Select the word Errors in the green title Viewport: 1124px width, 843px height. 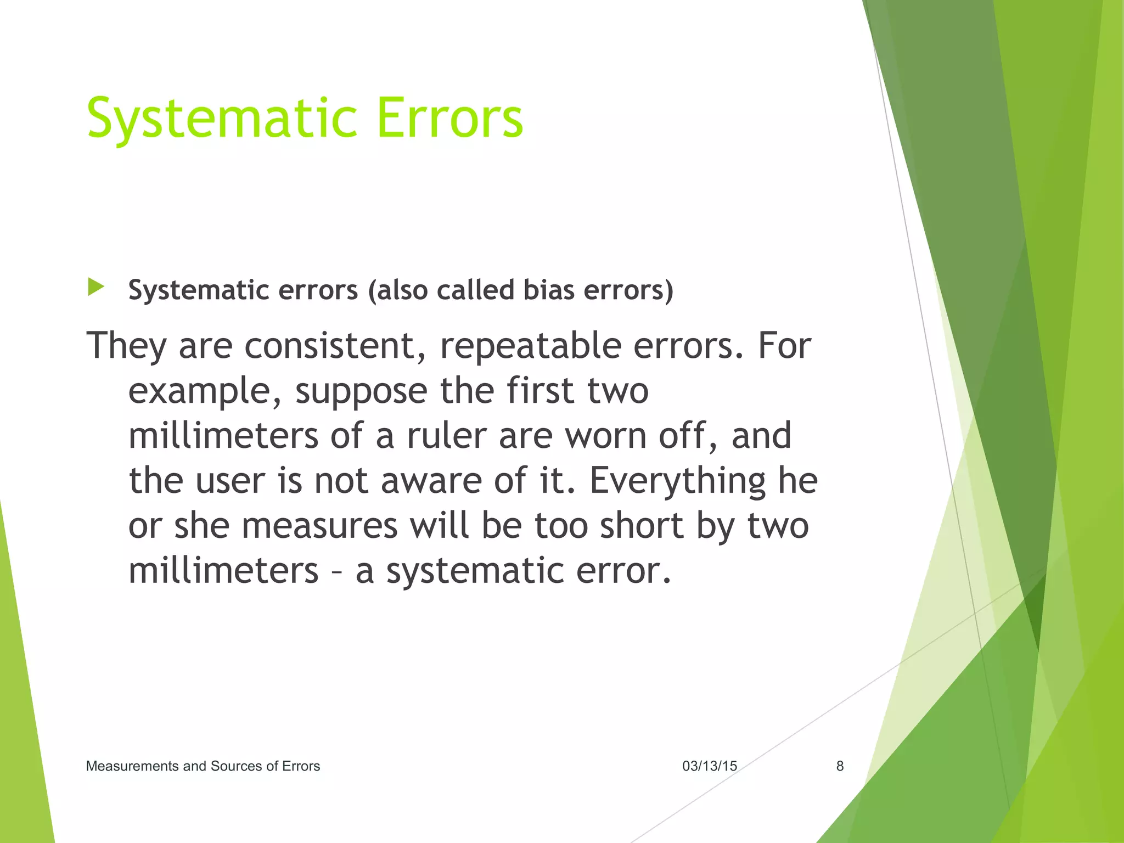[x=450, y=118]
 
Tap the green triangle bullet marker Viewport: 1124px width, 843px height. [x=95, y=287]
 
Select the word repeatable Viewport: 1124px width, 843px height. [x=531, y=346]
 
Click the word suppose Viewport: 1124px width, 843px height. [x=361, y=391]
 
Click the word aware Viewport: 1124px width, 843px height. [x=431, y=481]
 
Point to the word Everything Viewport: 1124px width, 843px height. [x=677, y=481]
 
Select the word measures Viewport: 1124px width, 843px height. [x=319, y=526]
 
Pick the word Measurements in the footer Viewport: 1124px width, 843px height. [x=132, y=766]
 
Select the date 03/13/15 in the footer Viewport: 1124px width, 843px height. [x=710, y=766]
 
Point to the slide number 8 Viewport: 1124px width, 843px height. [x=840, y=766]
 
